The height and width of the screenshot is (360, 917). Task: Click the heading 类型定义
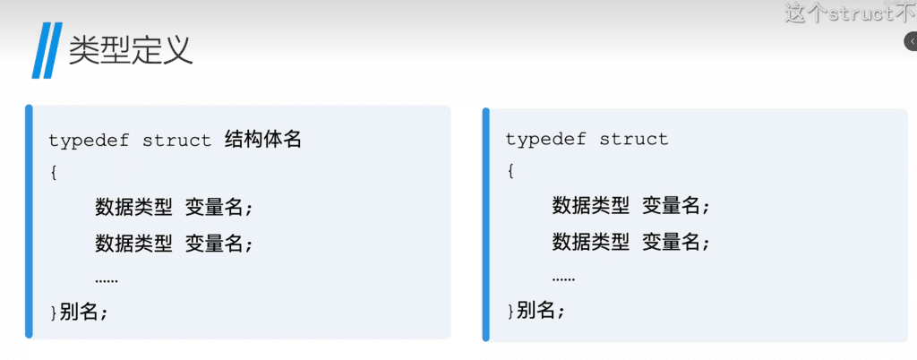(131, 50)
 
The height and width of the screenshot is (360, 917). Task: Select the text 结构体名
(261, 141)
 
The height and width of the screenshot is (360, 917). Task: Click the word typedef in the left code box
(86, 141)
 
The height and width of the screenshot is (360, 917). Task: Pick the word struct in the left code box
(176, 141)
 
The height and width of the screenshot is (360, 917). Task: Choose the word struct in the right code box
(634, 140)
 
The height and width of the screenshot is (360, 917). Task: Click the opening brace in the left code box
(54, 173)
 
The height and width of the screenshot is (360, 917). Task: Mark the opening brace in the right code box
(510, 171)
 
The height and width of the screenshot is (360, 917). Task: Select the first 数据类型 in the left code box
(133, 208)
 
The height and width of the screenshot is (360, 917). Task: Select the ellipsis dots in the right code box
(563, 278)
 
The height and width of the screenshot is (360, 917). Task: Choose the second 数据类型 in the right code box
(590, 241)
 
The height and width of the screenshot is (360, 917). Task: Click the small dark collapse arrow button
(910, 42)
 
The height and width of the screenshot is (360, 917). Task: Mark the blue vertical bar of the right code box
(486, 225)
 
